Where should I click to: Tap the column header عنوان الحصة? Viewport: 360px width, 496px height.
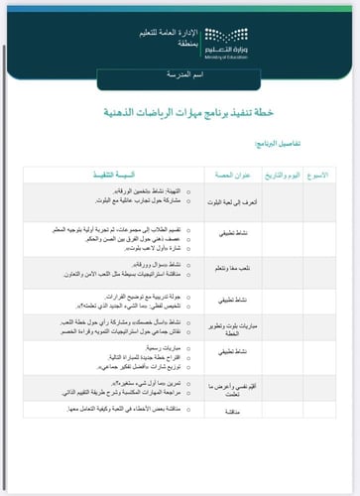tap(231, 175)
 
